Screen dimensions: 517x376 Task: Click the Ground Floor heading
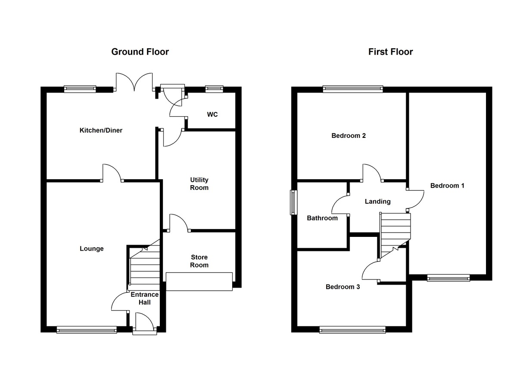[x=140, y=52]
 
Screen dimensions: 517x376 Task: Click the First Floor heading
[x=390, y=52]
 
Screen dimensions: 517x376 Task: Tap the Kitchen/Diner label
[x=101, y=130]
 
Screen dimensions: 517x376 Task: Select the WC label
[x=212, y=115]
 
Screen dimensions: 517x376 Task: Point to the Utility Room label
[x=199, y=183]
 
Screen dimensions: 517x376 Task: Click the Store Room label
[x=199, y=261]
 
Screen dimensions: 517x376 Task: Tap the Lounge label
[x=92, y=249]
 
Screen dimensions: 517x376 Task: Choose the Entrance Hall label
[x=145, y=298]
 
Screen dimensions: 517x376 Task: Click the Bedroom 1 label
[x=447, y=186]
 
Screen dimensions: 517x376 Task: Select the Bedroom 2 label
[x=349, y=136]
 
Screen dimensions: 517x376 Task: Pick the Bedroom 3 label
[x=343, y=287]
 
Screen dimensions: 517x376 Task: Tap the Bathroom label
[x=322, y=218]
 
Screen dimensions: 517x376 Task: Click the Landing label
[x=378, y=201]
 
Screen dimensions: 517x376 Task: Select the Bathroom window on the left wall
[x=293, y=202]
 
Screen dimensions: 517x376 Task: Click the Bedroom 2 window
[x=353, y=89]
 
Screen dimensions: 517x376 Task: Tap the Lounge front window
[x=87, y=330]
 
